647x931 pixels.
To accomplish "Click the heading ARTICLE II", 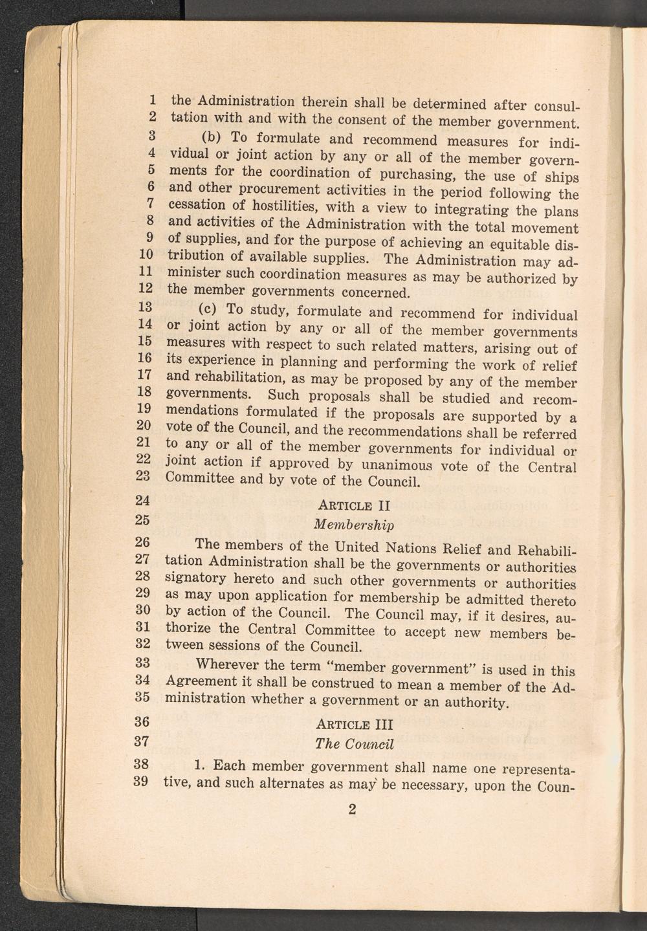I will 354,505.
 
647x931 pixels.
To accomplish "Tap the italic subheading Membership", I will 353,523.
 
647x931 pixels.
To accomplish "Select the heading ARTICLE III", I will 354,724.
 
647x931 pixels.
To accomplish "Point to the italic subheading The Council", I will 354,743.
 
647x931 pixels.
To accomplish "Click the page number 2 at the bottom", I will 352,809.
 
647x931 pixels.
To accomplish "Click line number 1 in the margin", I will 152,100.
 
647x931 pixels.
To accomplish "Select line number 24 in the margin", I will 143,500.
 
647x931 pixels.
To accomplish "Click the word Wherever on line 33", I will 225,664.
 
